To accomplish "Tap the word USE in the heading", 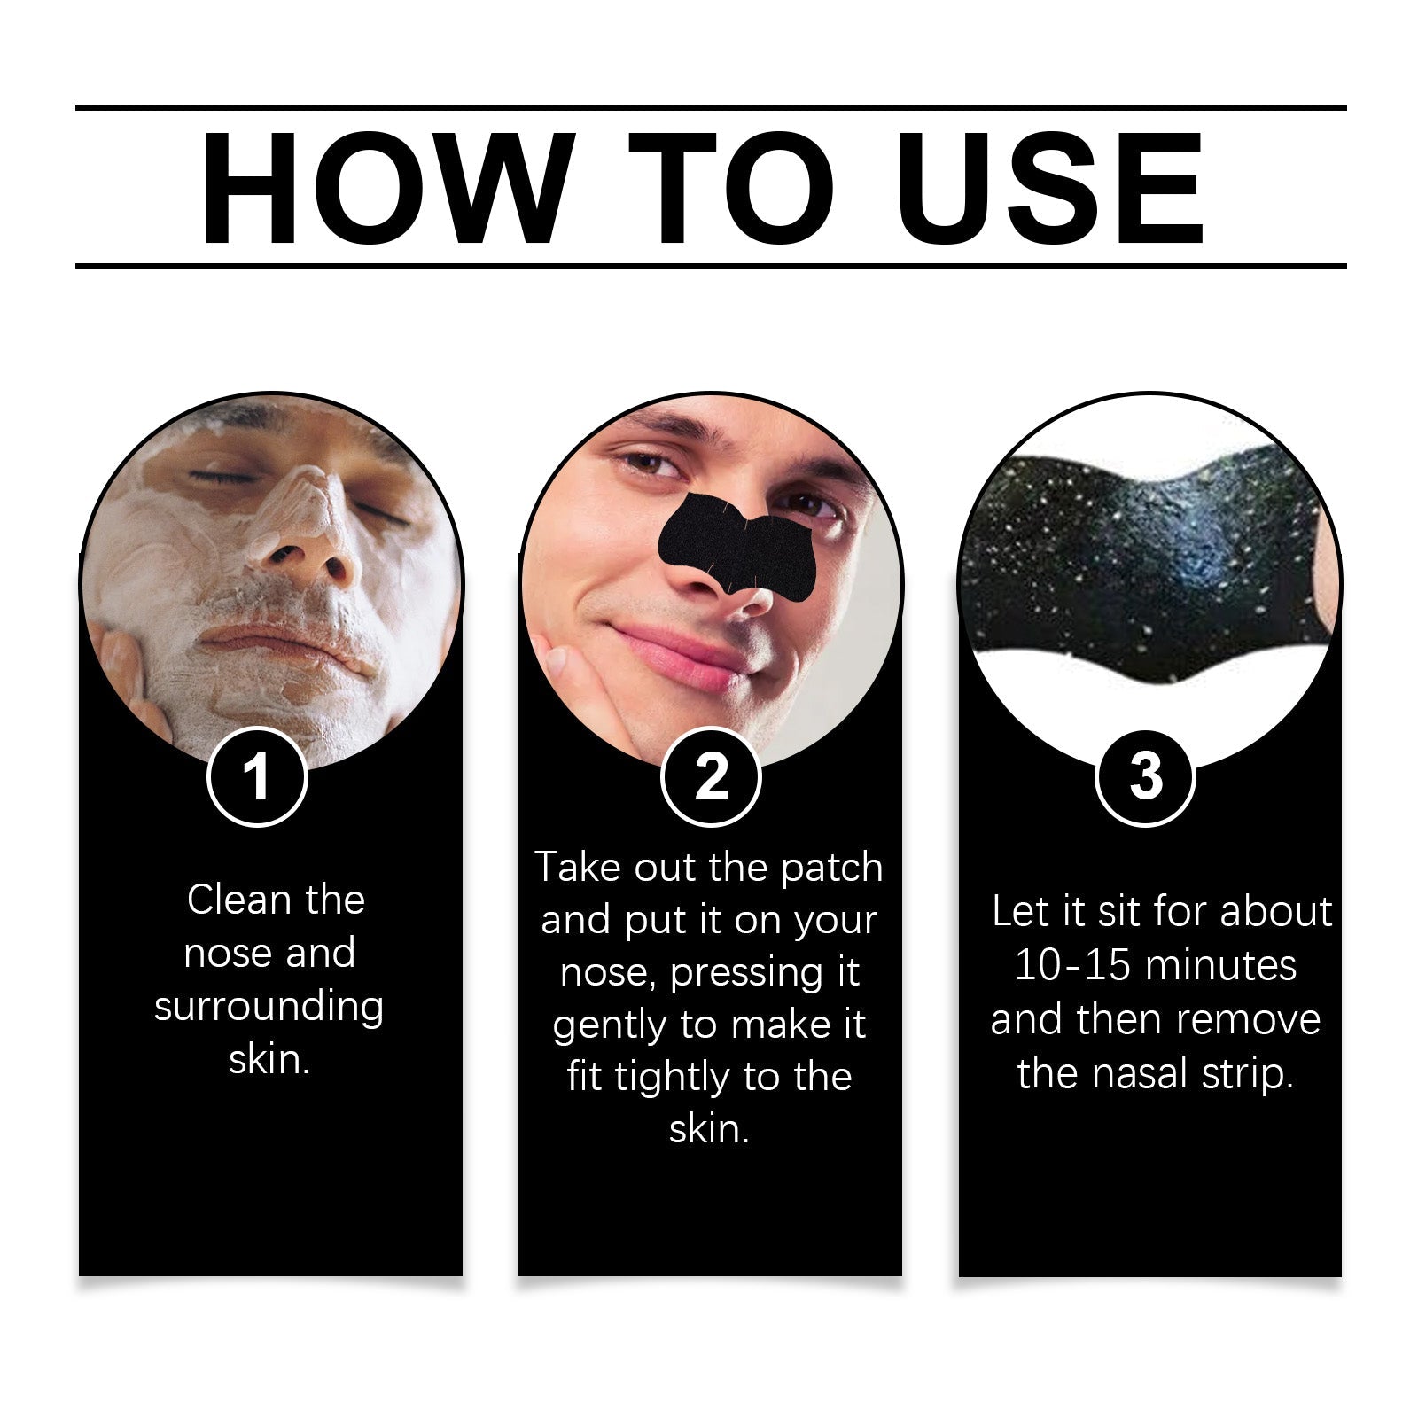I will [1054, 188].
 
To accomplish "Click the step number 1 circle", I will [257, 777].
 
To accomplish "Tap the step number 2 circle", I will [711, 777].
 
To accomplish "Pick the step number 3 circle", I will [1145, 777].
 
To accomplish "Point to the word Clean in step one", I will [239, 900].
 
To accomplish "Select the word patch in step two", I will [832, 869].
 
